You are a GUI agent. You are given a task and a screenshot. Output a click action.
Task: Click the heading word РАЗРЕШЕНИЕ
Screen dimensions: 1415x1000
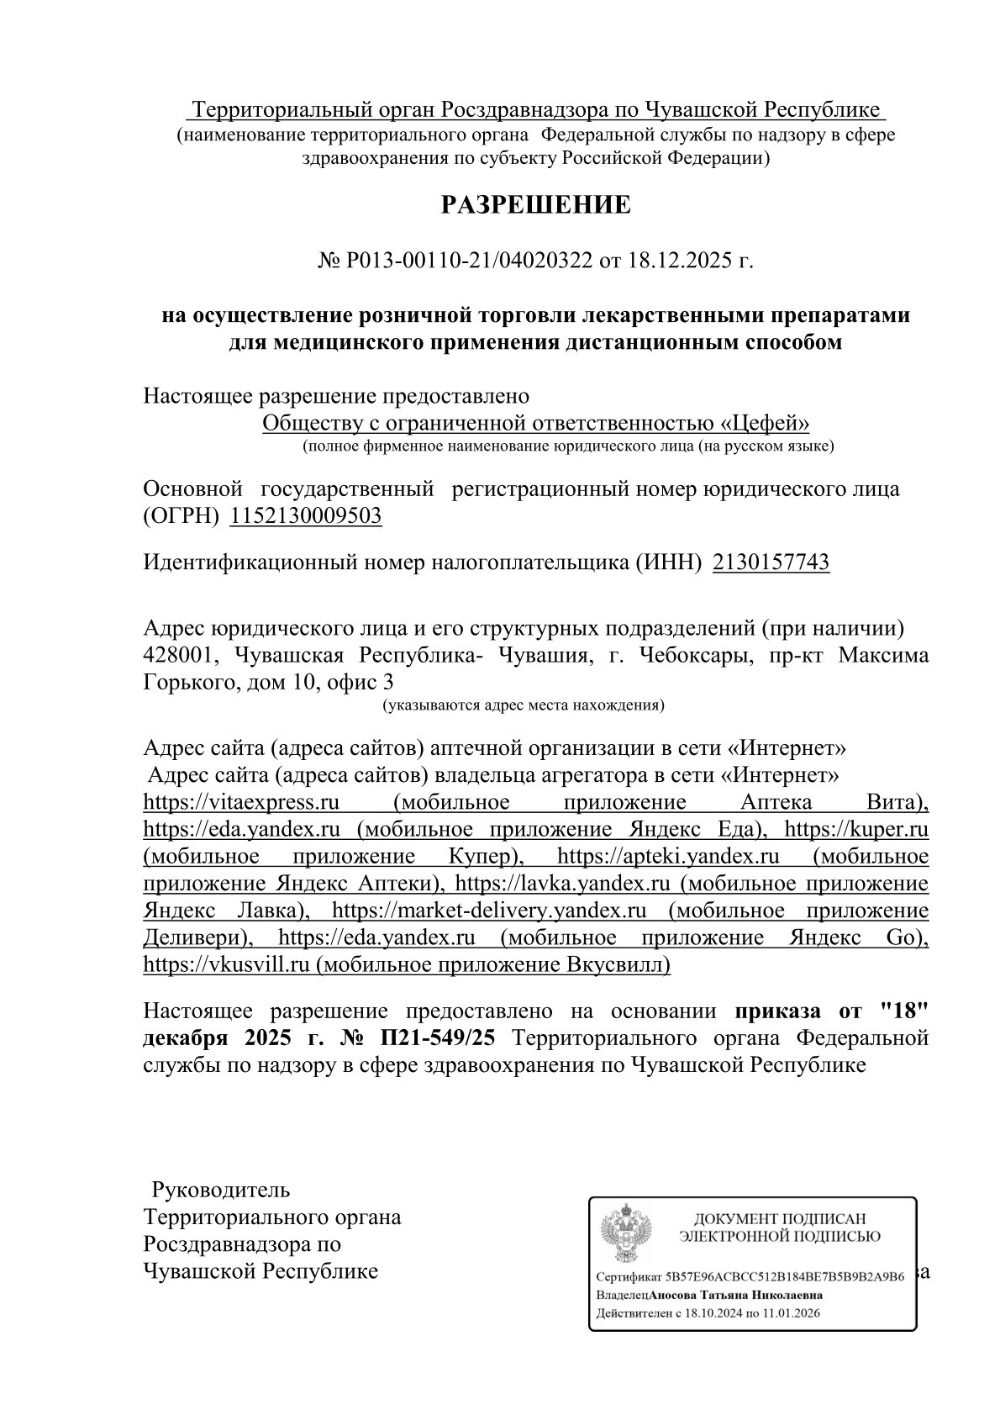(536, 205)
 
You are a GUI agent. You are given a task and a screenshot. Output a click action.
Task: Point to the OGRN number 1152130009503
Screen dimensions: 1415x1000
(306, 515)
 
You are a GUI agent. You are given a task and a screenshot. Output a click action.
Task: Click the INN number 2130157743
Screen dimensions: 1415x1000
(771, 562)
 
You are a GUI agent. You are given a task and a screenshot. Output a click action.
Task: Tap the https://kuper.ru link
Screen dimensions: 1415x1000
(855, 830)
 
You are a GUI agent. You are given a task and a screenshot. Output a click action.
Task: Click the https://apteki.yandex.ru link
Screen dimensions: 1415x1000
(668, 857)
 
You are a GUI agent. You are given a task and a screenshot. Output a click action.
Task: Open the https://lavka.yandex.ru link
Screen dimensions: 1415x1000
(561, 884)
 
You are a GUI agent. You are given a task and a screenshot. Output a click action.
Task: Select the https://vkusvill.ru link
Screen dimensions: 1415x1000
(222, 964)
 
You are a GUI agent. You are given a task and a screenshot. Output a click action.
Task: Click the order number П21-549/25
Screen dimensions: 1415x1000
(438, 1038)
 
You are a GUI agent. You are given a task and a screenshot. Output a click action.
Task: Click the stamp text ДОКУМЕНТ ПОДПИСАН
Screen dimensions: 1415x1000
(778, 1218)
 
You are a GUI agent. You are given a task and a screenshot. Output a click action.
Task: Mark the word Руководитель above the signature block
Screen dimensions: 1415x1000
(220, 1190)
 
